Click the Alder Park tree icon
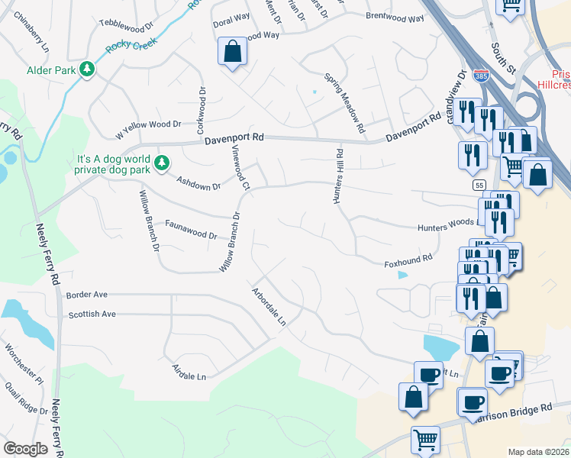click(x=88, y=69)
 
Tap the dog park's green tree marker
click(x=161, y=162)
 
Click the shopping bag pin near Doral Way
click(x=233, y=53)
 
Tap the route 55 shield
click(x=479, y=185)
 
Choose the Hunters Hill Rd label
click(x=337, y=176)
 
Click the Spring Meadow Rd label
click(x=345, y=102)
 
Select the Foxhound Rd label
click(x=408, y=260)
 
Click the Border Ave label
click(x=87, y=294)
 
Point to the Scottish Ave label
click(x=92, y=314)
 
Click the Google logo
click(x=25, y=448)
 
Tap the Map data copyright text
click(x=538, y=452)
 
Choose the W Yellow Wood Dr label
click(x=148, y=124)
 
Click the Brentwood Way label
click(x=395, y=17)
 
